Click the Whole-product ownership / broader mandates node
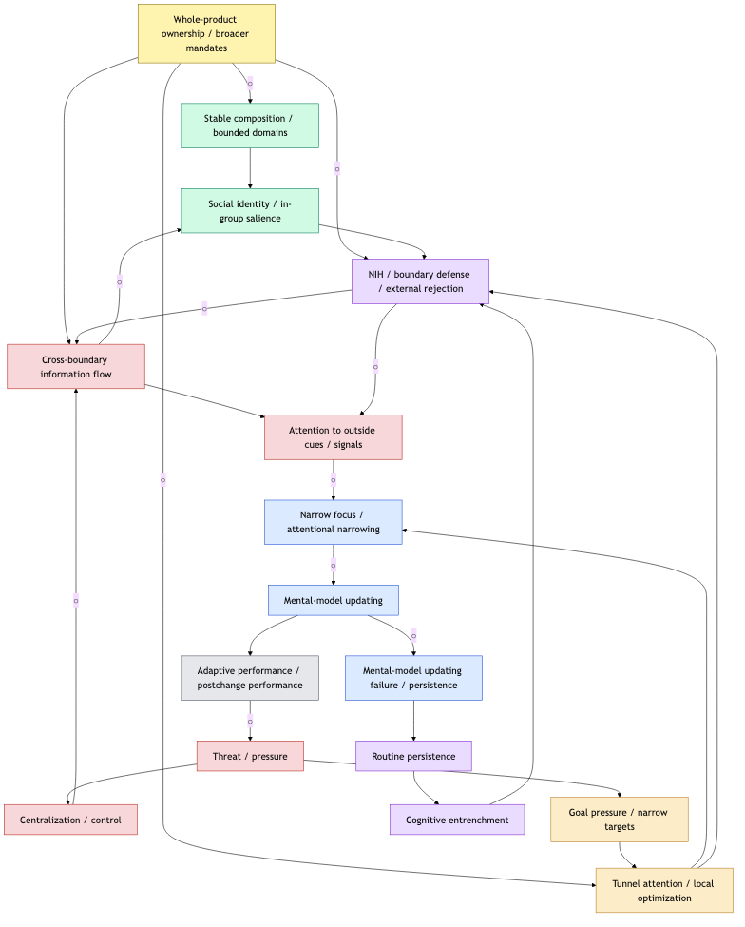click(x=206, y=33)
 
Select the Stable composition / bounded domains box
click(x=250, y=126)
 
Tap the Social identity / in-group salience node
click(x=250, y=210)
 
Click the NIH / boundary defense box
click(x=420, y=281)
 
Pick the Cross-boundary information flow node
click(x=76, y=366)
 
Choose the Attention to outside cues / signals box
click(x=333, y=437)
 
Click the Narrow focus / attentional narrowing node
click(x=333, y=522)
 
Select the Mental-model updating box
click(x=333, y=600)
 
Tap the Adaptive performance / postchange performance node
click(x=250, y=678)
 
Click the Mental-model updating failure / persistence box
click(x=413, y=678)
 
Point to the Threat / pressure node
click(x=250, y=756)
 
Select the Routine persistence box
click(x=413, y=756)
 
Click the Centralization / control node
click(x=70, y=820)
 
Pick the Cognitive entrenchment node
click(x=457, y=820)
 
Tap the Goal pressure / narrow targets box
click(x=620, y=820)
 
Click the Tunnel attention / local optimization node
click(x=664, y=890)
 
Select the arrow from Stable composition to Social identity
click(x=250, y=168)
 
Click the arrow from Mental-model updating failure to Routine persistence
click(x=413, y=721)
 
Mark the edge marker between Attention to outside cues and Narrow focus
click(x=333, y=479)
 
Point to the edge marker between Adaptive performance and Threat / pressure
click(x=250, y=721)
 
